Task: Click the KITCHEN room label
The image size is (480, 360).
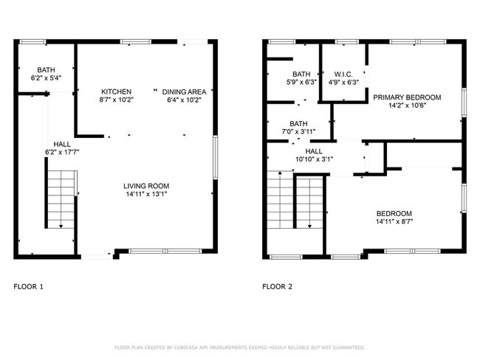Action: (x=117, y=91)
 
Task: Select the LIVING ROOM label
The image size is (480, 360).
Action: (x=148, y=186)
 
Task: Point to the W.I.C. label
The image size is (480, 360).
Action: (x=343, y=74)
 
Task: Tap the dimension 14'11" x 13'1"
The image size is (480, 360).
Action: (x=148, y=195)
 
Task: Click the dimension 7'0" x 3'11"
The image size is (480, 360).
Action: (x=298, y=132)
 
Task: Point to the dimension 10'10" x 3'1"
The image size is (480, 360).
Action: (x=314, y=159)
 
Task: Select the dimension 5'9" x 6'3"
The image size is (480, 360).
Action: (x=301, y=82)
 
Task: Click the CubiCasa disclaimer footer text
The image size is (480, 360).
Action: (x=239, y=347)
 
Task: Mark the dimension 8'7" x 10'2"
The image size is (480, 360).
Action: (x=117, y=100)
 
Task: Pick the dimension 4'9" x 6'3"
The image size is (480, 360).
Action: (x=343, y=82)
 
